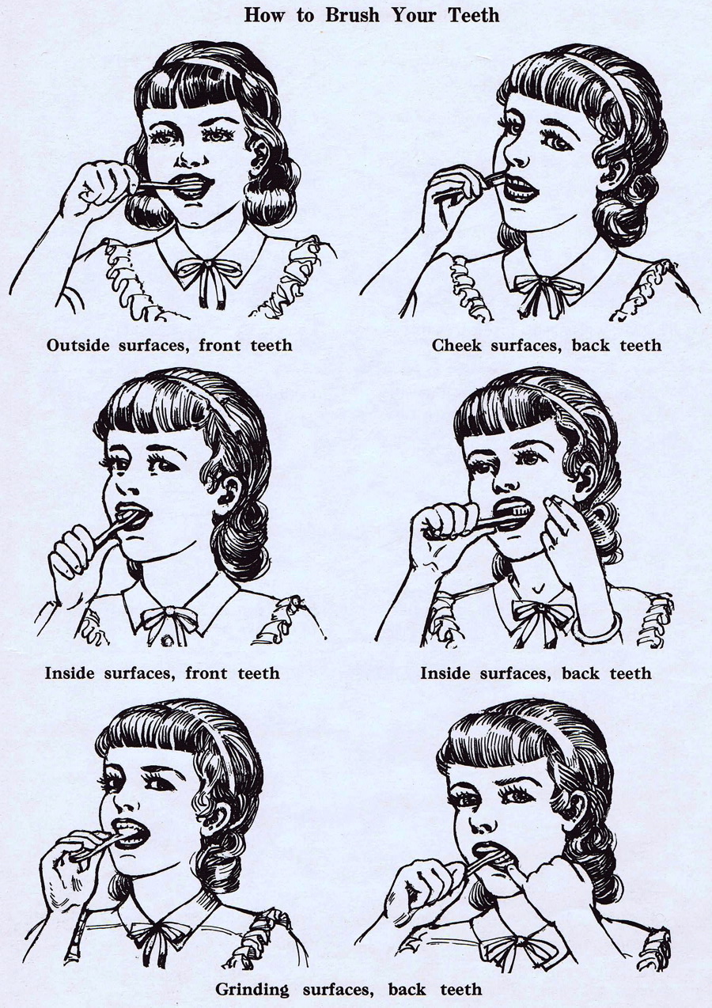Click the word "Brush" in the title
(352, 15)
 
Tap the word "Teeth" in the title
(474, 15)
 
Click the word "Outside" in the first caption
(78, 346)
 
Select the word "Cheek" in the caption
(456, 346)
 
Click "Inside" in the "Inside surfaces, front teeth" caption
(70, 673)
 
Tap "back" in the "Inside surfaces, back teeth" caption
(581, 673)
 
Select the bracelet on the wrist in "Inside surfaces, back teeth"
(596, 627)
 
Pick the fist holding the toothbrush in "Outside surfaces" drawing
(99, 184)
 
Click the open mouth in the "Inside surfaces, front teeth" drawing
(132, 516)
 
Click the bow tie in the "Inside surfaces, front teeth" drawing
(169, 620)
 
